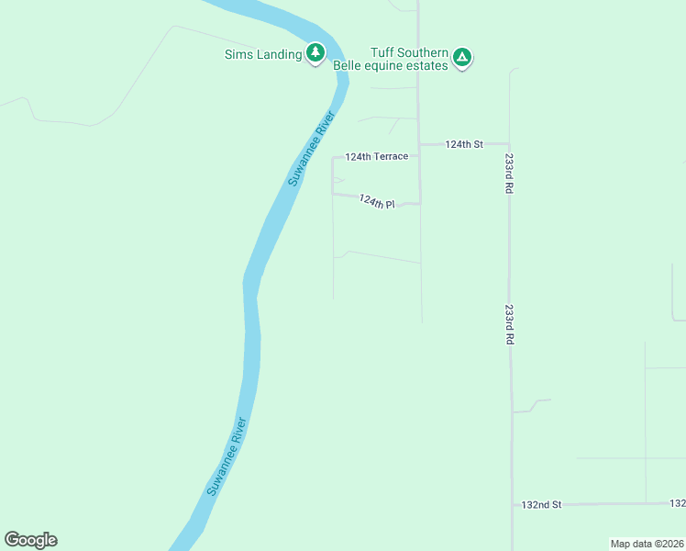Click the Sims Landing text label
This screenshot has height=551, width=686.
point(263,54)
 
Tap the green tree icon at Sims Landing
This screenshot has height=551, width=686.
point(315,53)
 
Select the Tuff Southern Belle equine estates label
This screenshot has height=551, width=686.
point(409,59)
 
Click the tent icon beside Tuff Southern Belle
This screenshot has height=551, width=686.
point(463,59)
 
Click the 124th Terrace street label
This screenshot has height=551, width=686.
point(376,157)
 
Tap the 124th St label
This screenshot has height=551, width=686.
point(463,144)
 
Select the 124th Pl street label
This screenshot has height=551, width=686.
point(377,201)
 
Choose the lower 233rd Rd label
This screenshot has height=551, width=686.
point(508,324)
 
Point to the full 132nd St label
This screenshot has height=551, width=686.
point(541,504)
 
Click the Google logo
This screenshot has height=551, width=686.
point(30,540)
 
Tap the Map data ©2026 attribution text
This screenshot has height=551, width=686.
point(646,544)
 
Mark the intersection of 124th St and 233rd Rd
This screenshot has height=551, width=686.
point(510,144)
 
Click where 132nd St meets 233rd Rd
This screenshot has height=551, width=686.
point(512,504)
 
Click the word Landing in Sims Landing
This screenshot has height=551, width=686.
point(279,54)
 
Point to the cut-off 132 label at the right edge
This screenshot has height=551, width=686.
point(678,503)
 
